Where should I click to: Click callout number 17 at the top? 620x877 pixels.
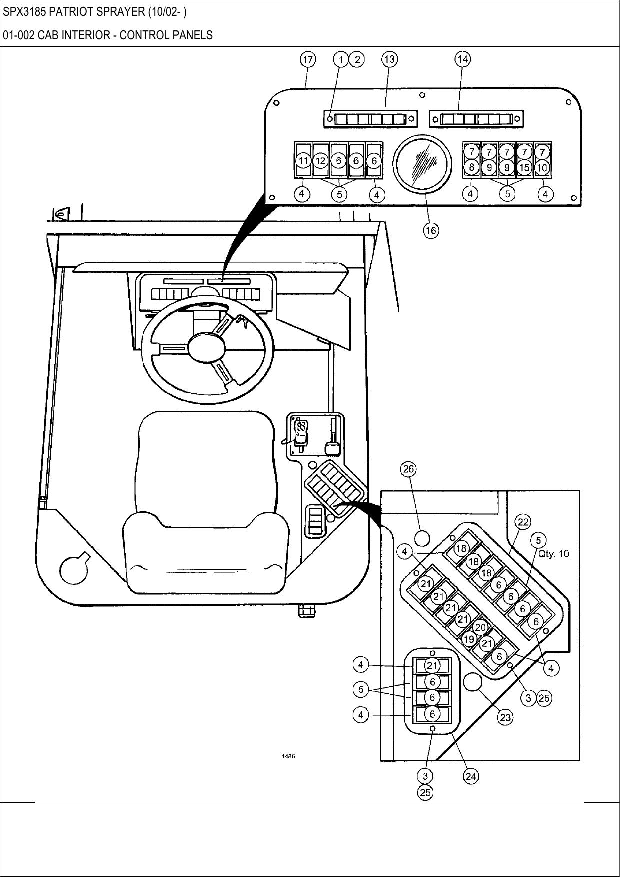[308, 60]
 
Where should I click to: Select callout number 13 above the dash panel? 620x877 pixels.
[389, 59]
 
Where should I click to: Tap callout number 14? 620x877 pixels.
[462, 59]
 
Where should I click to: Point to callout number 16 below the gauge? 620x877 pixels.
[431, 230]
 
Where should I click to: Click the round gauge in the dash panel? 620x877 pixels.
[422, 163]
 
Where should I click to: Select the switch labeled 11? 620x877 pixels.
[303, 161]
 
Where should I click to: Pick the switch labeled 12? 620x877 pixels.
[320, 161]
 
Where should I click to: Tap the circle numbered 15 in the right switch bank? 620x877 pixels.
[524, 168]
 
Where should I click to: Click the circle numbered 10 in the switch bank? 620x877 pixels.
[542, 168]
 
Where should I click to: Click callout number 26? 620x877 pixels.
[408, 469]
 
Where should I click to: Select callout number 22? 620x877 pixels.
[523, 522]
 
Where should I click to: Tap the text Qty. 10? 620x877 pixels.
[553, 554]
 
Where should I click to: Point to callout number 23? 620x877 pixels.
[505, 718]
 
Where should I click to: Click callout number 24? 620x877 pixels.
[471, 776]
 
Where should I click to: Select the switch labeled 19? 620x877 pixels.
[468, 639]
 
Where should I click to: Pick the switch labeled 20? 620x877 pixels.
[480, 627]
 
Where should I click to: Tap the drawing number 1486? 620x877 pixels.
[288, 756]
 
